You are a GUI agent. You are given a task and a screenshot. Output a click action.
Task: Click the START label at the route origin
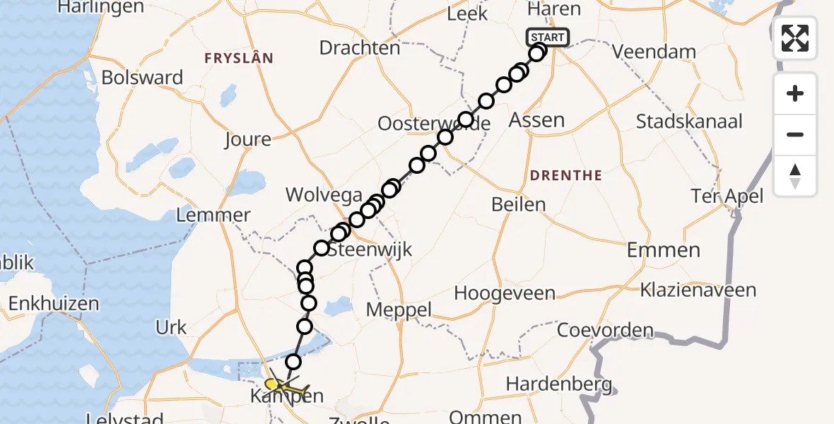pyautogui.click(x=547, y=37)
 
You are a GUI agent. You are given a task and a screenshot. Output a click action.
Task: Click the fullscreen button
pyautogui.click(x=795, y=37)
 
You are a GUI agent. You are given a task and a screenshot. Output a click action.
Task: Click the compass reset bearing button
pyautogui.click(x=795, y=176)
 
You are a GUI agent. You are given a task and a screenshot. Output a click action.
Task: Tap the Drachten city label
pyautogui.click(x=359, y=48)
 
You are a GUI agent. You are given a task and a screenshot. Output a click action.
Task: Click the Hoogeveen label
pyautogui.click(x=505, y=293)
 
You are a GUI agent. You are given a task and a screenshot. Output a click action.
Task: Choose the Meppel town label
pyautogui.click(x=399, y=310)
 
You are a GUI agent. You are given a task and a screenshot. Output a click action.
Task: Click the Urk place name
pyautogui.click(x=172, y=327)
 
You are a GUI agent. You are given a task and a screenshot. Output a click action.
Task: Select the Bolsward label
pyautogui.click(x=142, y=77)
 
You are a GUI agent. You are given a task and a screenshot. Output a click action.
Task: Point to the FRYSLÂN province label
pyautogui.click(x=238, y=58)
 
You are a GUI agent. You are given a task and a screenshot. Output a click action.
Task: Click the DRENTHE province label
pyautogui.click(x=565, y=175)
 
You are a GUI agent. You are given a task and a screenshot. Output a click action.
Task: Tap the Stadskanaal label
pyautogui.click(x=689, y=122)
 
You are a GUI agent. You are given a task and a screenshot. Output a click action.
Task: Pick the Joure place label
pyautogui.click(x=247, y=139)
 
